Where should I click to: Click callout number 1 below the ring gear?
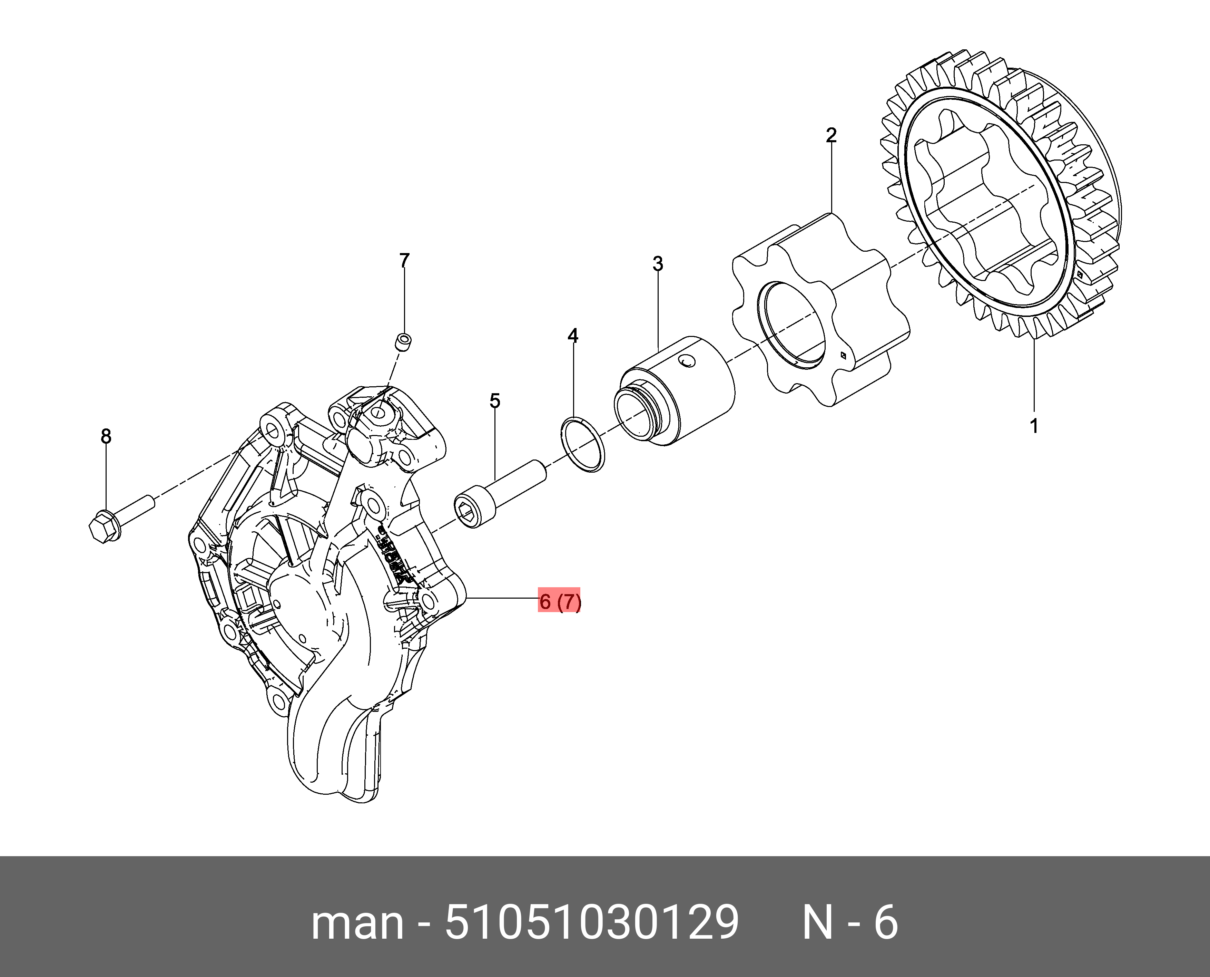pyautogui.click(x=1034, y=426)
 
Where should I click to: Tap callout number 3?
pyautogui.click(x=658, y=263)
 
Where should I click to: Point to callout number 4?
pyautogui.click(x=573, y=336)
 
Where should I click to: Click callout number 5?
pyautogui.click(x=494, y=401)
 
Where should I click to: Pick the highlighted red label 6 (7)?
pyautogui.click(x=559, y=602)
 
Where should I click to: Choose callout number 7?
pyautogui.click(x=404, y=261)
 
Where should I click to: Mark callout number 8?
pyautogui.click(x=106, y=436)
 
